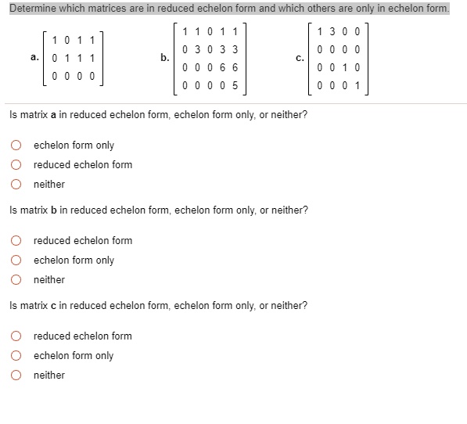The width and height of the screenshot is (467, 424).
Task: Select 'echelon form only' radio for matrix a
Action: coord(15,145)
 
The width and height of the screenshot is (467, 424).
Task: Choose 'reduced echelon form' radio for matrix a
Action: coord(15,164)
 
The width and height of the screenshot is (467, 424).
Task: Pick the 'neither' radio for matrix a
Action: coord(15,184)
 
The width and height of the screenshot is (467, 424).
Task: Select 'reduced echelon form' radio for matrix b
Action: coord(15,240)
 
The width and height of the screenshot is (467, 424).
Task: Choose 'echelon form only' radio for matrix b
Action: coord(15,260)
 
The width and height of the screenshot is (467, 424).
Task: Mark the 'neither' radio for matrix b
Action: coord(15,279)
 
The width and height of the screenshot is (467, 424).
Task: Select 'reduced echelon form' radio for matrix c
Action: coord(15,336)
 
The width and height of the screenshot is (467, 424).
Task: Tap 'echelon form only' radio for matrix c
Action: coord(15,355)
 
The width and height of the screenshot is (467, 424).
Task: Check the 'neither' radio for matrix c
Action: coord(15,375)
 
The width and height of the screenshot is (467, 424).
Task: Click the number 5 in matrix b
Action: coord(235,85)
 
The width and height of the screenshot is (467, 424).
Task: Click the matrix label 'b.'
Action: coord(164,57)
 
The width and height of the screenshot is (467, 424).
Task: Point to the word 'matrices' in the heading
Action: coord(96,8)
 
